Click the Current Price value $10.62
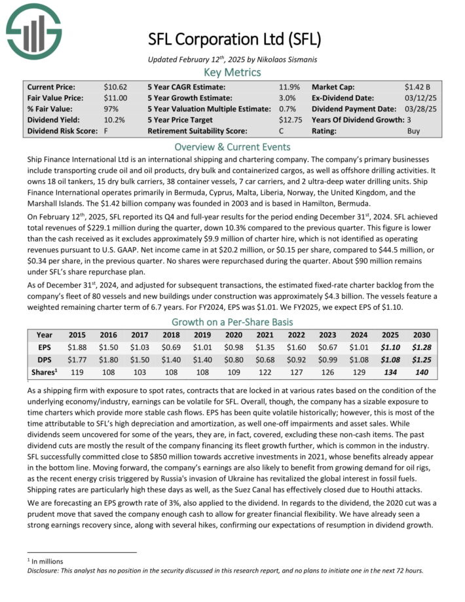tap(115, 86)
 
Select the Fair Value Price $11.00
tap(115, 98)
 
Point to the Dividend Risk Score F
tap(105, 131)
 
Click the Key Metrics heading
tap(232, 73)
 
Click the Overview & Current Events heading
tap(232, 147)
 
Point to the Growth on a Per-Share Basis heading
tap(232, 322)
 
